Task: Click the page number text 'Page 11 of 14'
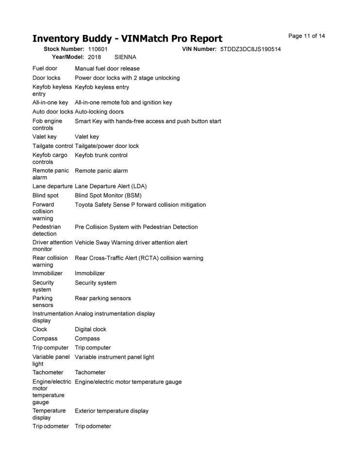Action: click(306, 36)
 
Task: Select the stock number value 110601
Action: click(98, 50)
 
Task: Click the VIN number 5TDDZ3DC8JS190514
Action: click(250, 50)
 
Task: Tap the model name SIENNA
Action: click(125, 57)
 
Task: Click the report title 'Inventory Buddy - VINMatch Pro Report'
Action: click(127, 39)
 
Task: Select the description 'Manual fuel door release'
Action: click(107, 69)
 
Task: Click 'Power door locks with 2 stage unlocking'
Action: click(127, 78)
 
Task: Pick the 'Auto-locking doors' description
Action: click(99, 112)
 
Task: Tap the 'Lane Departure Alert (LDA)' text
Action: click(111, 186)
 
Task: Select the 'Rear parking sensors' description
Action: click(102, 299)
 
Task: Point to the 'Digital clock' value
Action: click(90, 330)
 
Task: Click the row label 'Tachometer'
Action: click(48, 373)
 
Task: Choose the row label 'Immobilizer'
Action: click(48, 274)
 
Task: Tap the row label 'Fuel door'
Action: click(45, 69)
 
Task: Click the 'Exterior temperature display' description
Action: click(112, 411)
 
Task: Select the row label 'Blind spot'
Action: click(46, 196)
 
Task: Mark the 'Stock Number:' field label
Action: click(64, 50)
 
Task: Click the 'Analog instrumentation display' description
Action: click(115, 314)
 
